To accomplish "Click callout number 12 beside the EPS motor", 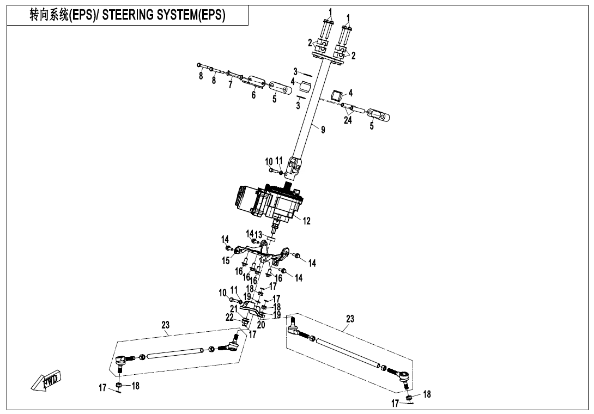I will click(307, 221).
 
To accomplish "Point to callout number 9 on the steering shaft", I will click(323, 130).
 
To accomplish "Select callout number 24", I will click(348, 120).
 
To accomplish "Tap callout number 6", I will click(253, 95).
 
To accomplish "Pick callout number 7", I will click(231, 86).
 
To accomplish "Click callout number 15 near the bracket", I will click(226, 261).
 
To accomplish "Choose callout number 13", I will click(259, 234).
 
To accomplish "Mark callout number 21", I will click(234, 309).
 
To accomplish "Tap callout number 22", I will click(230, 317).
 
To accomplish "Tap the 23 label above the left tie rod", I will click(166, 325).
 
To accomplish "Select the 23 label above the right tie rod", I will click(350, 319).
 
